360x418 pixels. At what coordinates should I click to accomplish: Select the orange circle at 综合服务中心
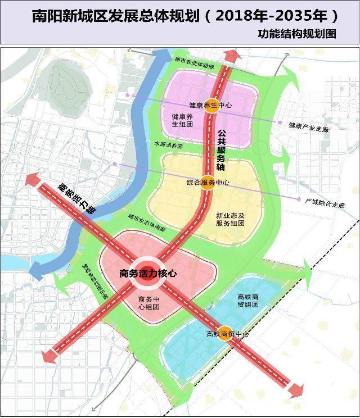(x=207, y=183)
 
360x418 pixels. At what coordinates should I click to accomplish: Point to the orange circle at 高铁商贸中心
(x=225, y=334)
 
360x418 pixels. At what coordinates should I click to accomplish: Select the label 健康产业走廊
(x=309, y=128)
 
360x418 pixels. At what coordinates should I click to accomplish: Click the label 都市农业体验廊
(x=194, y=66)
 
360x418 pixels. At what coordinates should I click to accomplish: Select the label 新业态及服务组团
(x=230, y=219)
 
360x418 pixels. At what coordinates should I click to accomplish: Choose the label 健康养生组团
(x=182, y=120)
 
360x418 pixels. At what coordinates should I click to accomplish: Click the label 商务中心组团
(x=149, y=303)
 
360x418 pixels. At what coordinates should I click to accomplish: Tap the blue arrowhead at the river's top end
(x=164, y=56)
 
